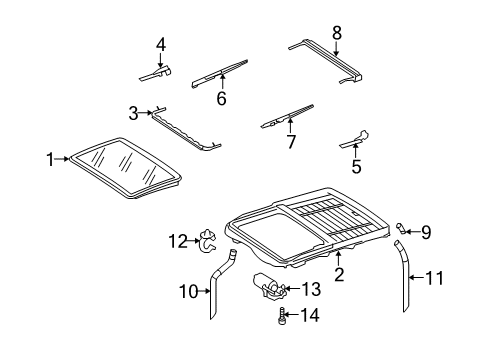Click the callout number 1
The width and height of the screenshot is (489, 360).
coord(50,159)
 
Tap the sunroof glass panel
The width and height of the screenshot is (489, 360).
coord(125,168)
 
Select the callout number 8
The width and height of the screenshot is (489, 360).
coord(337,33)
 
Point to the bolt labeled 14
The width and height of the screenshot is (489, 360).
coord(282,316)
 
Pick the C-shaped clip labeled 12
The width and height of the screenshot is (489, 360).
coord(207,241)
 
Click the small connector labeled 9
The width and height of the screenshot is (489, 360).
coord(401,229)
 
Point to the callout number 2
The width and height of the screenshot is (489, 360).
coord(339,274)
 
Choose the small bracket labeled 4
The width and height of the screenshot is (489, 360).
coord(155,74)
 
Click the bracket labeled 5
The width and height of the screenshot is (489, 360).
coord(355,139)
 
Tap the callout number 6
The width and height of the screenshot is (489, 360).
coord(221,98)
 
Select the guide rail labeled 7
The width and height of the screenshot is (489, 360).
coord(287,117)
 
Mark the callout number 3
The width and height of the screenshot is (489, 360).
coord(133,114)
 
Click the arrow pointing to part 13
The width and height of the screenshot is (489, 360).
coord(291,289)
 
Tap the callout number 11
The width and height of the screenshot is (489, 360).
coord(434,278)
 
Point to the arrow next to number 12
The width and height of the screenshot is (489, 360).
coord(194,240)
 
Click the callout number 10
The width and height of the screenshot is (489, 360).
coord(189,292)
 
